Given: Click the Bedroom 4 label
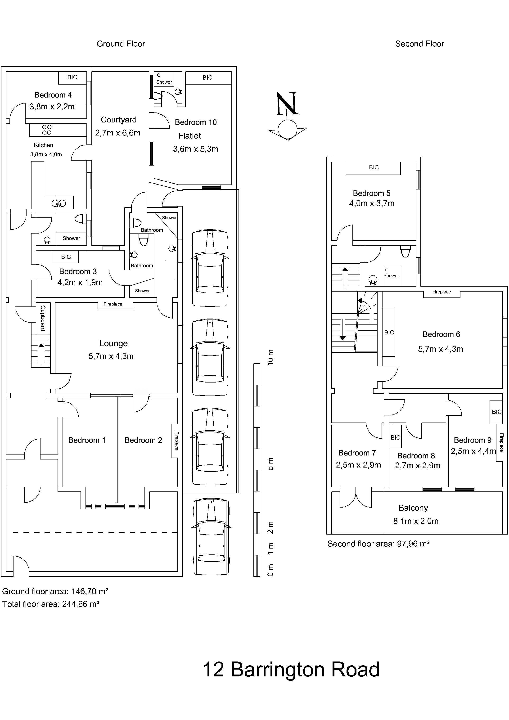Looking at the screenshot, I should (x=53, y=95).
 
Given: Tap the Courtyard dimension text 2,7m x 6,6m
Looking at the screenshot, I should (x=118, y=133).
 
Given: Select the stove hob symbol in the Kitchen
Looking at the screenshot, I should (x=47, y=130).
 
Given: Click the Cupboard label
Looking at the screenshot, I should (x=43, y=318).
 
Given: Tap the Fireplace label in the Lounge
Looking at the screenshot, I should (x=113, y=304).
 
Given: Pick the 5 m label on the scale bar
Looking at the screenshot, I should (x=270, y=463).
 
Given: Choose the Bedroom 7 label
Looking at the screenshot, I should (x=357, y=453).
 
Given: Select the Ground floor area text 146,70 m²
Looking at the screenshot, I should (x=55, y=591).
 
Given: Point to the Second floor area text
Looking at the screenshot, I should (x=378, y=544).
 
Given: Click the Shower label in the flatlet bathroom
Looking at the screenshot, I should (x=164, y=82).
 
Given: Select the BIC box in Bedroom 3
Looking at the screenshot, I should (x=66, y=257).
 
